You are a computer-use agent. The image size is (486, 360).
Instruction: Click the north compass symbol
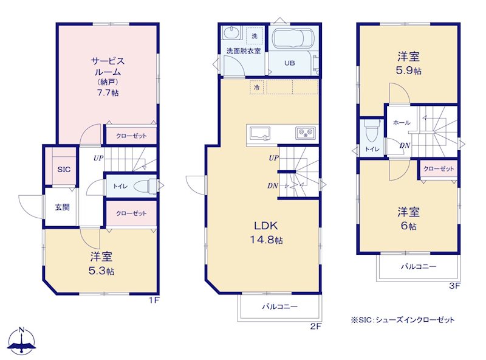[21, 341]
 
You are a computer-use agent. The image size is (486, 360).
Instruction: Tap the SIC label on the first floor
[64, 170]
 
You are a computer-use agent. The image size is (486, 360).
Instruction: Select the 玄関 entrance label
[63, 207]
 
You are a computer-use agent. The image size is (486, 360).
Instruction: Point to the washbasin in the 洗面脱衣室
[232, 33]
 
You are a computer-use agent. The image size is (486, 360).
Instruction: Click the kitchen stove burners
[306, 133]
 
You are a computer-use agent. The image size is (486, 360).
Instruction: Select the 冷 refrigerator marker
[256, 88]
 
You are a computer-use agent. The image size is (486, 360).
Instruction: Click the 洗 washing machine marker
[255, 36]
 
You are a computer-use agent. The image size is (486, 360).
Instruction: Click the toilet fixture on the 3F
[371, 131]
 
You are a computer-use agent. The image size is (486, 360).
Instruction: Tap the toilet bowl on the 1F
[146, 186]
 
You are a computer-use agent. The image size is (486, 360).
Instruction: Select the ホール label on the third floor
[402, 123]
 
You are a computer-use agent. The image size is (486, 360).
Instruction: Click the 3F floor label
[454, 286]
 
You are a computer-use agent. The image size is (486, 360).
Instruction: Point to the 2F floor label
[316, 326]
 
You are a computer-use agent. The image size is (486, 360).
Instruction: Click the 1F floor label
[154, 300]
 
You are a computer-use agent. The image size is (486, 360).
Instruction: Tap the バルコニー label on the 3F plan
[419, 266]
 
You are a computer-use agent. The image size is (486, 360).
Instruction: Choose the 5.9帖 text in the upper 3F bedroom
[408, 71]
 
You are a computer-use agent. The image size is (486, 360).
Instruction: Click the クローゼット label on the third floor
[439, 169]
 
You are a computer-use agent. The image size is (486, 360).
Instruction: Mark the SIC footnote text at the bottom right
[403, 320]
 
